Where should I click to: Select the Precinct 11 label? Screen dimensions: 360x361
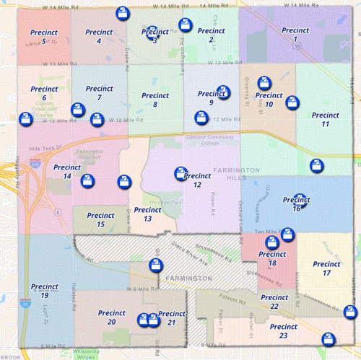tap(316, 119)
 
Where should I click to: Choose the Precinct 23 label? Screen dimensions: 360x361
tap(274, 330)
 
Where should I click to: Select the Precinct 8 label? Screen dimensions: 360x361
tap(155, 100)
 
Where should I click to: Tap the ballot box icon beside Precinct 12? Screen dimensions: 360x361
tap(180, 173)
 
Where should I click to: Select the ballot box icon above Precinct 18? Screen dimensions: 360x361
tap(288, 234)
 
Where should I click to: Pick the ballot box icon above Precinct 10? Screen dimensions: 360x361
tap(264, 82)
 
